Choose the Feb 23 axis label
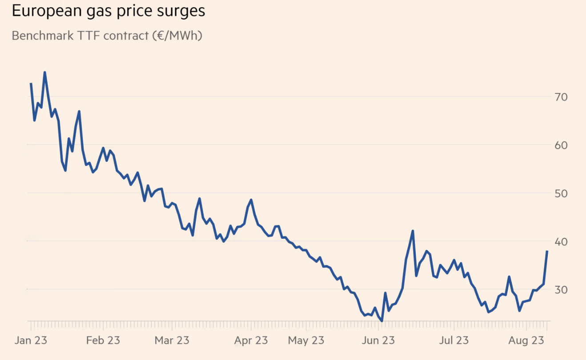click(103, 340)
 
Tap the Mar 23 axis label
click(172, 340)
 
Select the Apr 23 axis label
click(251, 340)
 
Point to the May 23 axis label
click(306, 340)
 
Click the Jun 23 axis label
click(378, 340)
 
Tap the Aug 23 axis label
click(526, 340)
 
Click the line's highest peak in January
click(44, 72)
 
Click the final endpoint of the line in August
click(547, 251)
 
